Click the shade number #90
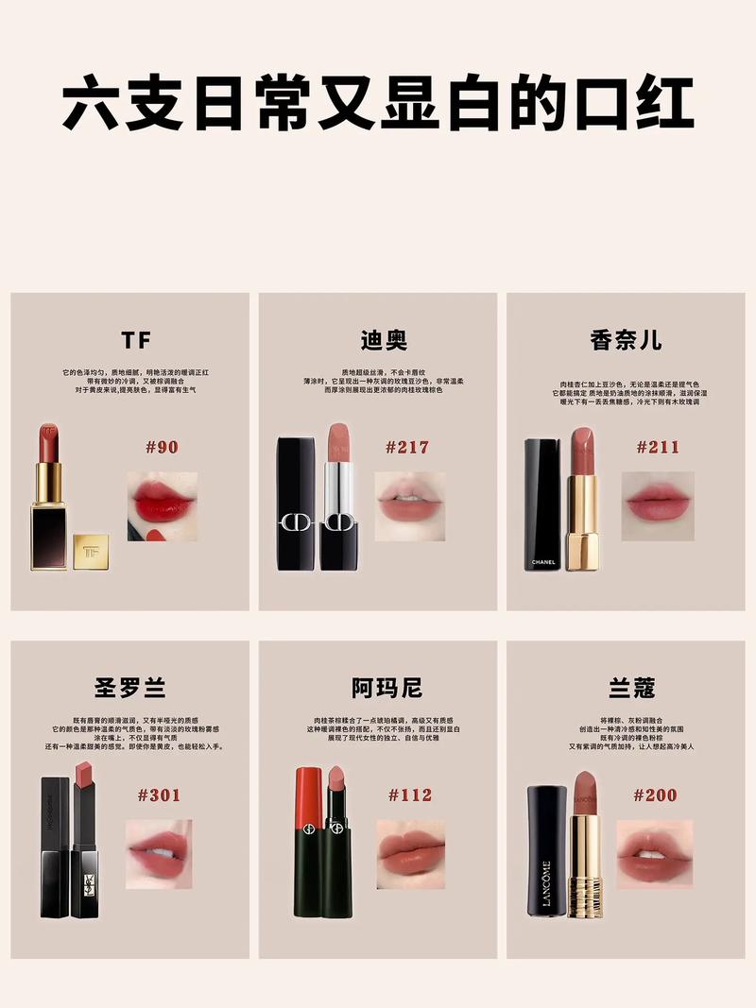(162, 447)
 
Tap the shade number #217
(407, 447)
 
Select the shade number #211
(658, 447)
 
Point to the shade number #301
(159, 794)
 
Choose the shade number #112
(409, 794)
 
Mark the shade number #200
(655, 794)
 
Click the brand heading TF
(136, 341)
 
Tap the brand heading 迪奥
(384, 341)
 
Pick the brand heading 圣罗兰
(130, 688)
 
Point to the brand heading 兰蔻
(633, 688)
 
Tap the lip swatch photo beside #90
(163, 506)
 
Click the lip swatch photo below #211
(658, 506)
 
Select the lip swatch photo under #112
(411, 854)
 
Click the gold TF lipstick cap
(91, 552)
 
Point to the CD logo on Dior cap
(295, 523)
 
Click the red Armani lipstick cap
(308, 792)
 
